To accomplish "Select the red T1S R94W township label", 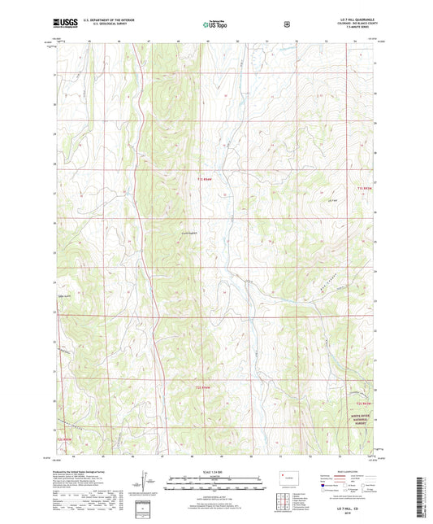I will pyautogui.click(x=208, y=179).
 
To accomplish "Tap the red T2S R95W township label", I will pyautogui.click(x=71, y=440).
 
